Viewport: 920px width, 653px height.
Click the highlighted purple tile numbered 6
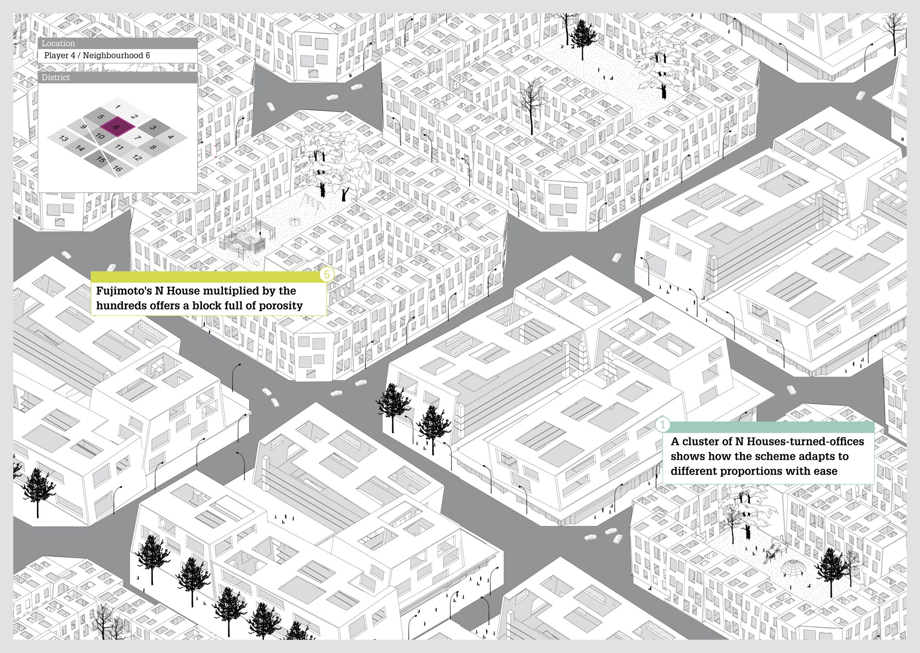115,127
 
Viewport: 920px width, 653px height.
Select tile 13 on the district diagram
63,139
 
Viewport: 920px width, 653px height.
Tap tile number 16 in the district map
117,169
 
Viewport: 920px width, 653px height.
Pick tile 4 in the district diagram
171,137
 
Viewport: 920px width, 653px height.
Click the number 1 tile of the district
118,106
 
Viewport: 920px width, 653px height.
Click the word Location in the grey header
58,44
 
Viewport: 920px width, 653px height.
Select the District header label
56,78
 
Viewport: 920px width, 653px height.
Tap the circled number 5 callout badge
327,275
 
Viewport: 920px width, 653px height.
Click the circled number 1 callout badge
663,425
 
